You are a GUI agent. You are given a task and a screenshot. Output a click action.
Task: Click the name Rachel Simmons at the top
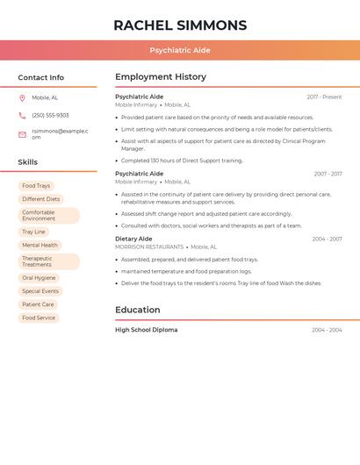point(180,25)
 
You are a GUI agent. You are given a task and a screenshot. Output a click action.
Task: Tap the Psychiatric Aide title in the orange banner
point(180,51)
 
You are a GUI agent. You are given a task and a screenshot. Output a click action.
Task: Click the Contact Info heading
point(40,77)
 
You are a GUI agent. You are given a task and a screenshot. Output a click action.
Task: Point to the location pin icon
point(22,97)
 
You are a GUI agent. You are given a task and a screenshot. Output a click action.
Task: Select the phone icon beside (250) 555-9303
point(22,115)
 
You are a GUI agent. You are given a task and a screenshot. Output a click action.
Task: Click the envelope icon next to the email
point(22,133)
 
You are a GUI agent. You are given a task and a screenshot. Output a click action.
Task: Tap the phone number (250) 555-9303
point(50,115)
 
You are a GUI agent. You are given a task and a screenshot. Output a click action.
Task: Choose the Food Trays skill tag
point(36,186)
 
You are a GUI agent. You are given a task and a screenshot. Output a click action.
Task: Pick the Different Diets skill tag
point(41,199)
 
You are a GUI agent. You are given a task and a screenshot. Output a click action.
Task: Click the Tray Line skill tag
point(34,232)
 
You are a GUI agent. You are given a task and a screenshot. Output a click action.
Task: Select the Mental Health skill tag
point(40,245)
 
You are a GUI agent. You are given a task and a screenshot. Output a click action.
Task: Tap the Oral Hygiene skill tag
point(39,277)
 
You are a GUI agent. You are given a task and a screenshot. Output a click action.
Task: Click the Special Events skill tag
point(40,290)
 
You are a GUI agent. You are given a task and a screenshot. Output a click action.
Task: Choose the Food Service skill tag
point(39,318)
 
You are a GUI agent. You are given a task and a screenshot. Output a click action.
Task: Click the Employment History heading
point(161,77)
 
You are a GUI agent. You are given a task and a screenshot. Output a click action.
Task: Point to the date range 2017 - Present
point(324,97)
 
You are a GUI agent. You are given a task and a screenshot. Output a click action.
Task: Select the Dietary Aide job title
point(133,239)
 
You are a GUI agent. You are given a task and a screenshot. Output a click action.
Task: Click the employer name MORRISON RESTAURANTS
point(149,247)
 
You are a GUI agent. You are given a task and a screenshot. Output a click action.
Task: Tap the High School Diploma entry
point(146,330)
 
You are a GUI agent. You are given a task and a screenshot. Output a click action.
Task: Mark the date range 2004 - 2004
point(327,330)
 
